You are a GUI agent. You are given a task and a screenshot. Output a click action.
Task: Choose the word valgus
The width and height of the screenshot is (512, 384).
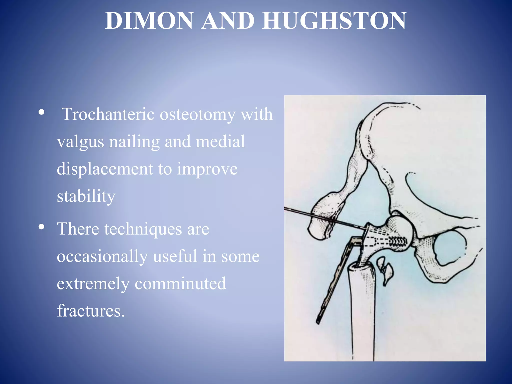[80, 142]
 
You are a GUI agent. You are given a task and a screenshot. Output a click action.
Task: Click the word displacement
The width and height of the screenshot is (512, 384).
[105, 169]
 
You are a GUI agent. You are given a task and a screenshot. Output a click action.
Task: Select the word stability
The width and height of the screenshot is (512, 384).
[86, 196]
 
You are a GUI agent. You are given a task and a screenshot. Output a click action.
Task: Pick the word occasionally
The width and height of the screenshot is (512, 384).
[102, 256]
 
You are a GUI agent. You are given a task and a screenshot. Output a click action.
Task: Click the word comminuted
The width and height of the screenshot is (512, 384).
[180, 283]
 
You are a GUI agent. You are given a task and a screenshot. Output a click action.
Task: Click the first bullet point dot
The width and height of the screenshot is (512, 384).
[42, 112]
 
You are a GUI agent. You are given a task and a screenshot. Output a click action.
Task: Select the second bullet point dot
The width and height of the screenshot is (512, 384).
[42, 227]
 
